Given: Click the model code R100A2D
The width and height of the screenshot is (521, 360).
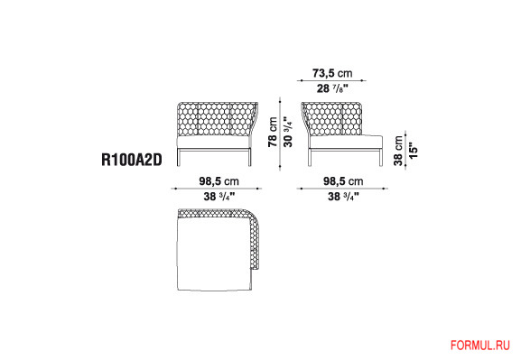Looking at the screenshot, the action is click(132, 160).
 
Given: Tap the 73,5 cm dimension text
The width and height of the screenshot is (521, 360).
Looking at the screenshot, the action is click(332, 73).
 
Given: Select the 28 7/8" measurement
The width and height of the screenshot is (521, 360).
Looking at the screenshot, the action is click(332, 88).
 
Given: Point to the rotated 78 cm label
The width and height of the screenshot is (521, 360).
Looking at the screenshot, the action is click(273, 132).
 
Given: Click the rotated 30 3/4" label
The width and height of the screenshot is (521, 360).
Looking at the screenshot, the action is click(288, 132).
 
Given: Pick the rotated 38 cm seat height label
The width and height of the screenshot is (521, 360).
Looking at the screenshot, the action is click(398, 151).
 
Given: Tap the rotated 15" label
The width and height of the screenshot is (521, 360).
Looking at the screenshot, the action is click(414, 151).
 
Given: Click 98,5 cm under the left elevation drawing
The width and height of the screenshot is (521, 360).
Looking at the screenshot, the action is click(219, 181).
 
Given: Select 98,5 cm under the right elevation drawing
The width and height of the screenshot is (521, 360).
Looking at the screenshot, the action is click(343, 181).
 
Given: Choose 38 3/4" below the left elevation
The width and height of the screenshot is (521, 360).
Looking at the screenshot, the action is click(219, 197).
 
